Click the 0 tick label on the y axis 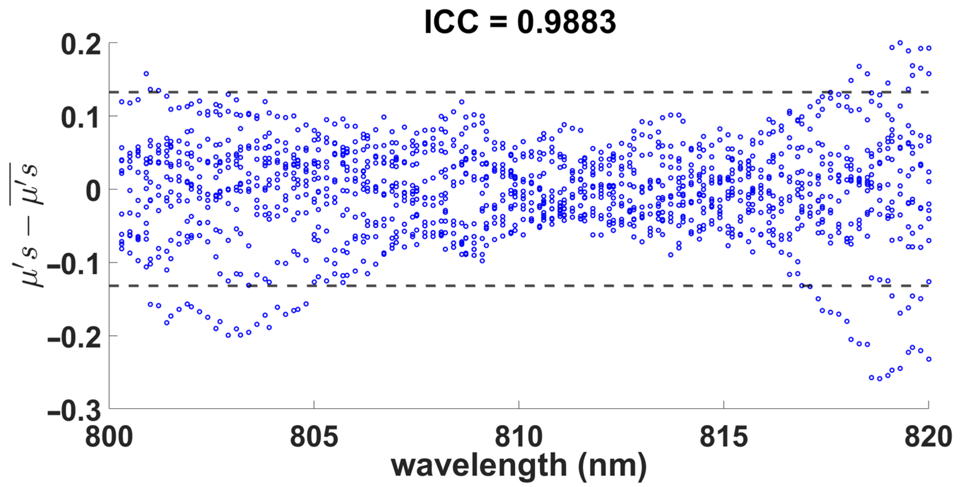coord(93,191)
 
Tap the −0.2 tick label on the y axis coord(74,338)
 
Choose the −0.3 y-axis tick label coord(74,411)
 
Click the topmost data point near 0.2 coord(900,43)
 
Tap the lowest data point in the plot coord(879,379)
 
